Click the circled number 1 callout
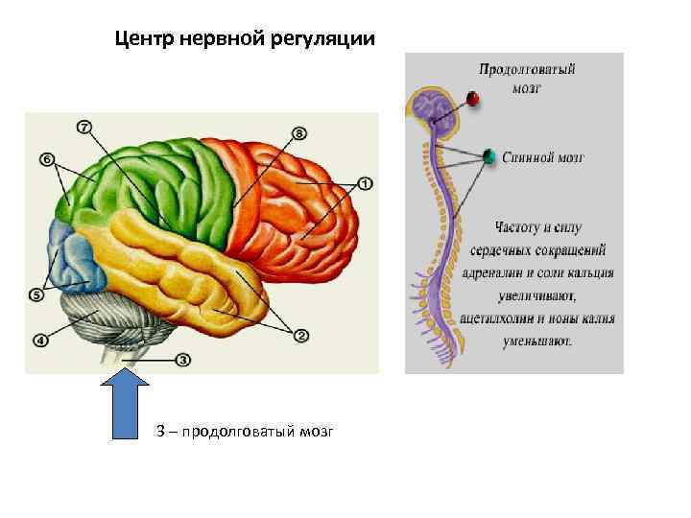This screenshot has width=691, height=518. tap(366, 183)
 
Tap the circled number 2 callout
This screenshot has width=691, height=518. tap(299, 335)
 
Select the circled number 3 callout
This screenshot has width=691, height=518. tap(183, 361)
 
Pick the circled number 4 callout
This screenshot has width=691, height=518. tap(39, 339)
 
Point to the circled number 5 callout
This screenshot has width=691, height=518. tap(36, 294)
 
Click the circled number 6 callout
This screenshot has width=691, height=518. tap(47, 158)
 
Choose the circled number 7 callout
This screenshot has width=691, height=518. tap(84, 127)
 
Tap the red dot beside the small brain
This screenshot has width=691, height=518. tap(472, 99)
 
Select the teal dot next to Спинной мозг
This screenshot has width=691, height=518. tap(489, 155)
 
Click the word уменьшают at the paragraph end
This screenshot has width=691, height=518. tap(541, 340)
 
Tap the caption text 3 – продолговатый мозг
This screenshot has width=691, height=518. tap(245, 433)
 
